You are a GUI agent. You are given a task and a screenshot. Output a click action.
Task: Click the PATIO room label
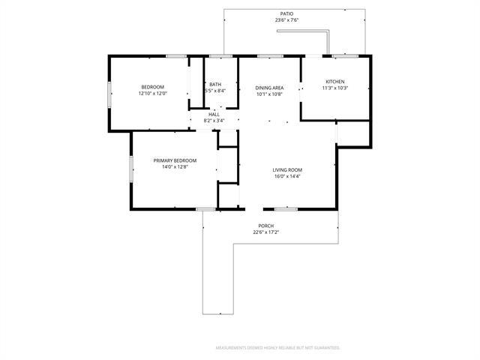(286, 14)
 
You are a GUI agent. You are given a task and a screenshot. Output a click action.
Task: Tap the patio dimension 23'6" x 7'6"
(286, 20)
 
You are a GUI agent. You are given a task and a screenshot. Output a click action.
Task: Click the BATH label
(215, 84)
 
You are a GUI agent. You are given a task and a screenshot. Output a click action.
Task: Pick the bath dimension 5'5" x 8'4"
(215, 91)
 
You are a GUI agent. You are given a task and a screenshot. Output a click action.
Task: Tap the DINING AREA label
(268, 88)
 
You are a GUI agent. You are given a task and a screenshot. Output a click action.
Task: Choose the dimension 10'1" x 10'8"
(268, 94)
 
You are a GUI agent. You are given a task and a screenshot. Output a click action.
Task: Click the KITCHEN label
(335, 81)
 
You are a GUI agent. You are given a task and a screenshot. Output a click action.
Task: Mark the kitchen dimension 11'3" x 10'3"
(335, 88)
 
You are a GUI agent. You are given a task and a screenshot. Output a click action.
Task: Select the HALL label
(214, 114)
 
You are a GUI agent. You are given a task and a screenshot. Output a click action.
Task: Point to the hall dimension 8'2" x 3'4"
(214, 121)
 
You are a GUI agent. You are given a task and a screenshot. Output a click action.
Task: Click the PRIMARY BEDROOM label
(175, 160)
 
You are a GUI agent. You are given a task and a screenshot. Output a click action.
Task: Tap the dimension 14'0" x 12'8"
(175, 167)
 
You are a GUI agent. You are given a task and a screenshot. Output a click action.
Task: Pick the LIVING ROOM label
(287, 169)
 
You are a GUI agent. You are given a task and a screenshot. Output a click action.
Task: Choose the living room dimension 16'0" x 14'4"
(287, 176)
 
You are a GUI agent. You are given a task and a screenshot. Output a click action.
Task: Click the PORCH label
(265, 226)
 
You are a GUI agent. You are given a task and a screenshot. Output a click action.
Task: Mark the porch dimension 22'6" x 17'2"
(265, 232)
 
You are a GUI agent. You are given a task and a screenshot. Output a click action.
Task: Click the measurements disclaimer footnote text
(277, 348)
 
